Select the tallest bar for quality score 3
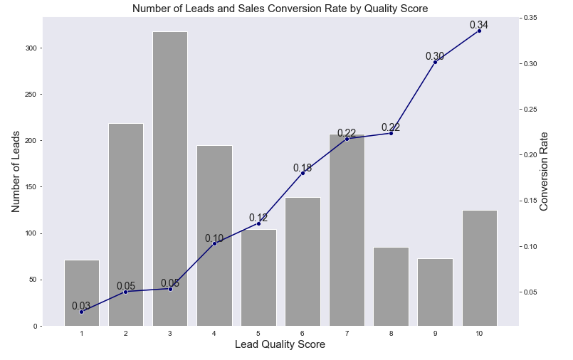[x=170, y=179]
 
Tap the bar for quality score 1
[x=82, y=292]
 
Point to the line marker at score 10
[x=479, y=31]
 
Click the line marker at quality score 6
[x=303, y=173]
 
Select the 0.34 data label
[x=479, y=26]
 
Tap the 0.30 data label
[x=435, y=56]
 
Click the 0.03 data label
[x=81, y=306]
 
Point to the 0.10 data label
[x=214, y=238]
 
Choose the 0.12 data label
[x=258, y=218]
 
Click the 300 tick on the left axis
[x=31, y=48]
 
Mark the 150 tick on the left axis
[x=31, y=187]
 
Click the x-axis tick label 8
[x=391, y=333]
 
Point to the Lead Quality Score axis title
[x=280, y=345]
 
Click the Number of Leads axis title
[x=16, y=171]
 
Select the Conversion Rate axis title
[x=545, y=171]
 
